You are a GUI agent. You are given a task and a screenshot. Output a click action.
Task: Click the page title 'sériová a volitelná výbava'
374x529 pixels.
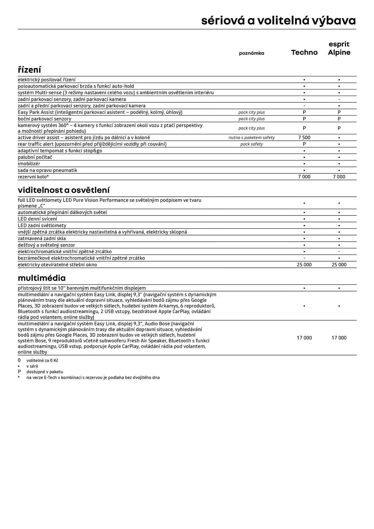[278, 21]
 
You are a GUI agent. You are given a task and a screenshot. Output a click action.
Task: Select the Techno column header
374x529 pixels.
[304, 52]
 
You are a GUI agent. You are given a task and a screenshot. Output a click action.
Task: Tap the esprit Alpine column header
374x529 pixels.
[339, 48]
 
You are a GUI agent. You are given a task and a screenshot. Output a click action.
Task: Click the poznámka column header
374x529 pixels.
[251, 53]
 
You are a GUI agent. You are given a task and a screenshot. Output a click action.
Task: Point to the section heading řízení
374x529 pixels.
[29, 70]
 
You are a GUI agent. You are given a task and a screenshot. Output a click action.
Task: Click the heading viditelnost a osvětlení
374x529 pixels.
[63, 190]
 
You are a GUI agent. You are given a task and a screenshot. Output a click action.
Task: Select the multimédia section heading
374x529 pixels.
[42, 278]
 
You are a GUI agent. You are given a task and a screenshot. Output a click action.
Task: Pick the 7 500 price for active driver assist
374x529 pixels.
[304, 138]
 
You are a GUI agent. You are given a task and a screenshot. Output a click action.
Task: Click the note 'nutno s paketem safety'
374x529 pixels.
[251, 138]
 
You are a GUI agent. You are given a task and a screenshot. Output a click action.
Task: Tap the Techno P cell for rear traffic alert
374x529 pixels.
[304, 144]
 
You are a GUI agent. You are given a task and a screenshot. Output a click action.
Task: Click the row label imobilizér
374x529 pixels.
[29, 164]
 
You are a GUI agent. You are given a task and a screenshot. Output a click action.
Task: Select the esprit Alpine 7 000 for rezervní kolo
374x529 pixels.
[339, 177]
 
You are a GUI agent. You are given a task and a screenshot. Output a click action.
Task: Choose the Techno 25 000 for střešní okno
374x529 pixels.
[304, 265]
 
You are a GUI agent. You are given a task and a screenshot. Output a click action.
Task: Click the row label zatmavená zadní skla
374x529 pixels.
[42, 239]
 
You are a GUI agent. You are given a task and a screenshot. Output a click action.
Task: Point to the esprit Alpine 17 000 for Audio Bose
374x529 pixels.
[339, 338]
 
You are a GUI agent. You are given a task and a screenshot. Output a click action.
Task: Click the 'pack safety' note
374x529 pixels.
[251, 144]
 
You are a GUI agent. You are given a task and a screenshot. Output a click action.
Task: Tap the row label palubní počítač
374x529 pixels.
[35, 157]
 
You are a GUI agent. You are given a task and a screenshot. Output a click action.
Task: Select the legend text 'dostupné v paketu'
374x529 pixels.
[45, 372]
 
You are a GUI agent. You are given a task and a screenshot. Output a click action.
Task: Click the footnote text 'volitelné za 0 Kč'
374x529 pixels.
[42, 361]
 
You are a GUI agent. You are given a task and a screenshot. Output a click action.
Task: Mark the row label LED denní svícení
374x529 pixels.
[37, 219]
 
